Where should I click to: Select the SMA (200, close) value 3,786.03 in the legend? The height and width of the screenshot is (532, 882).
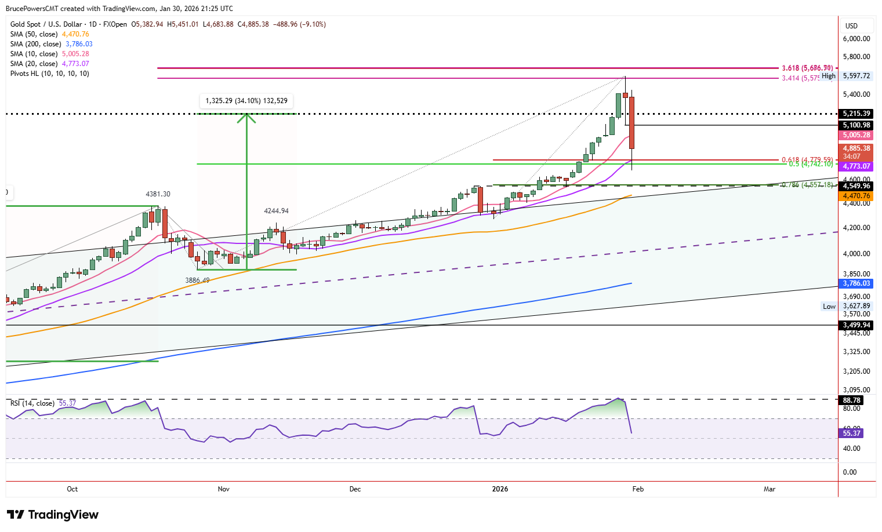(79, 44)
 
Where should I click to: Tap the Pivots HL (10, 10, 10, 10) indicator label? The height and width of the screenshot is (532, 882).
(50, 74)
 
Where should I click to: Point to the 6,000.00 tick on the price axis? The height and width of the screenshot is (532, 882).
(856, 39)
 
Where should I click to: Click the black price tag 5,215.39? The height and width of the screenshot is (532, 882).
(856, 114)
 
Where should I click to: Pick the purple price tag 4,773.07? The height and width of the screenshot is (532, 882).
(856, 166)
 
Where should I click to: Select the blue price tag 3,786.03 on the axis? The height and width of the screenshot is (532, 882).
(856, 283)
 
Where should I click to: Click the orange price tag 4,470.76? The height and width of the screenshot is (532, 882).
(856, 196)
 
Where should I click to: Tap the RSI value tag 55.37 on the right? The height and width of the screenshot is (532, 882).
(852, 433)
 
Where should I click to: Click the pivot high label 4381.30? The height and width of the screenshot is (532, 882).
(158, 194)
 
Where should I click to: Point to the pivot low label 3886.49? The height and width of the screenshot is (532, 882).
(197, 280)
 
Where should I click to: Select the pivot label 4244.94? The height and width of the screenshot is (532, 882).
(276, 212)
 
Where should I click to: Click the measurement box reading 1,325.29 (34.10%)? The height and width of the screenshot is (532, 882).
(246, 101)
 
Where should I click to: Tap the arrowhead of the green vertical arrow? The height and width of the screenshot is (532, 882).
(247, 118)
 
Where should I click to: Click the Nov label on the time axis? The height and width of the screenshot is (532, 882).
(223, 489)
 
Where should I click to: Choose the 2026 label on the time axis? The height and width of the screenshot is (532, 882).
(500, 489)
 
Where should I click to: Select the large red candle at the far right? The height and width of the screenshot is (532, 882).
(631, 123)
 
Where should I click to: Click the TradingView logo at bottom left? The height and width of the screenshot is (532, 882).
(53, 515)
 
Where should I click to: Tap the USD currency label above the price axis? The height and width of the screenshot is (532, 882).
(851, 26)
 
